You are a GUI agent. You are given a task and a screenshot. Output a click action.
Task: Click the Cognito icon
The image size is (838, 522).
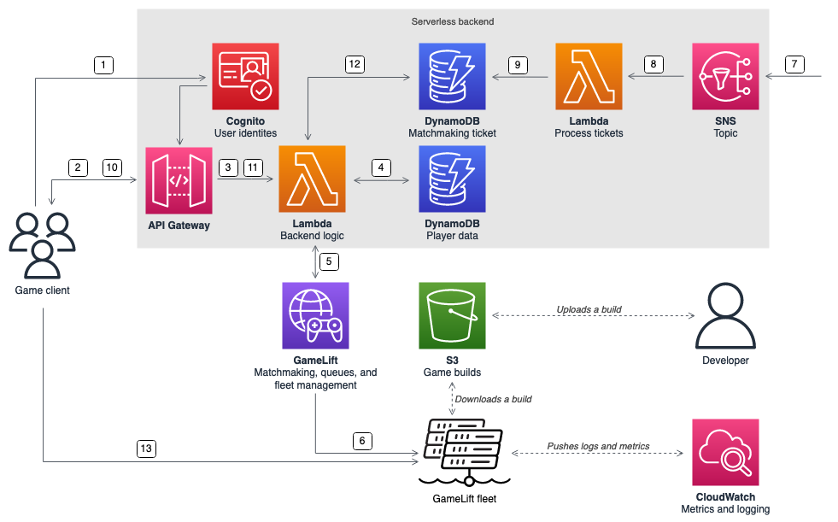tap(245, 76)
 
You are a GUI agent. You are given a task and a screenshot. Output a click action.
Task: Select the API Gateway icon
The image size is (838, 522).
tap(179, 179)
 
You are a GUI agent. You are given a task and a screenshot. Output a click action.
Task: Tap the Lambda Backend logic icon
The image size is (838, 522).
tap(312, 179)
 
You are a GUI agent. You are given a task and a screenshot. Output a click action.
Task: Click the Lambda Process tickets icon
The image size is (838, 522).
tap(589, 76)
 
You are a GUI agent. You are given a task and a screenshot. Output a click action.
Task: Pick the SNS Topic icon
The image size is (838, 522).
tap(725, 76)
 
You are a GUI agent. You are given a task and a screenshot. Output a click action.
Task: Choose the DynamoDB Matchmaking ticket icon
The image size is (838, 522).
tap(452, 76)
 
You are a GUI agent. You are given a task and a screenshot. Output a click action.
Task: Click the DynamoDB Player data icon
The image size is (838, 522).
tap(452, 179)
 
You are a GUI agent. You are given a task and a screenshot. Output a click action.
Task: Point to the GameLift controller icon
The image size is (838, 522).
tap(315, 315)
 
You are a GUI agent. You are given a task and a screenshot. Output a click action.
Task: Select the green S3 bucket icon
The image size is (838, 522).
tap(452, 315)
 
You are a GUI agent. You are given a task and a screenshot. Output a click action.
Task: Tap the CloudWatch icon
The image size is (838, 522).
tap(725, 452)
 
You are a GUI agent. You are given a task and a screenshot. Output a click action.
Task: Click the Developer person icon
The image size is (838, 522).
tap(725, 315)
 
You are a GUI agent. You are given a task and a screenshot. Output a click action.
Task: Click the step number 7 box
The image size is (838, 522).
tap(793, 64)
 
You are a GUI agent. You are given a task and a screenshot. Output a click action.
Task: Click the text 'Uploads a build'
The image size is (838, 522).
tap(589, 308)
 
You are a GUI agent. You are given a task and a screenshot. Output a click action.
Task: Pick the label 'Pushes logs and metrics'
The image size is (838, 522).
tap(598, 446)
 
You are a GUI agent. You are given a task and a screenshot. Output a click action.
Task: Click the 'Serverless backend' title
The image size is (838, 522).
tap(452, 21)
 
